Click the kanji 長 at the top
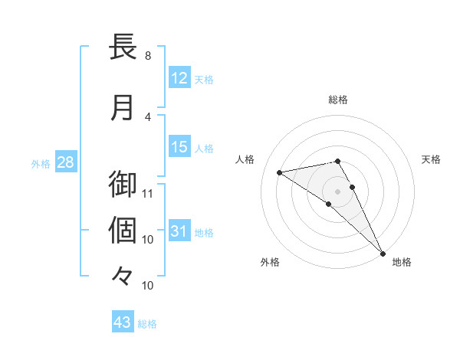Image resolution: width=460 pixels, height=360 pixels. (x=123, y=47)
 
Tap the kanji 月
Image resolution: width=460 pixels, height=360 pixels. (x=123, y=107)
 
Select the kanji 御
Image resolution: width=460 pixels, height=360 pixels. (x=123, y=185)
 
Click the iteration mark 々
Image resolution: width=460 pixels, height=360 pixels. (x=123, y=275)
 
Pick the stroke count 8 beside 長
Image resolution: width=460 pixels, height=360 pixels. (x=148, y=56)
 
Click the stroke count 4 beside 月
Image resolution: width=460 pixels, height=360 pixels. (x=148, y=116)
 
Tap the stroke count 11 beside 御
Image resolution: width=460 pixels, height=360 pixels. (x=148, y=193)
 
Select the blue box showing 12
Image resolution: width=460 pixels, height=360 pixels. (x=179, y=78)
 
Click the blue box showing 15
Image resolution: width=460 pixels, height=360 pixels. (x=179, y=147)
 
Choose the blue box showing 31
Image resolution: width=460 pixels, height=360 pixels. (x=179, y=231)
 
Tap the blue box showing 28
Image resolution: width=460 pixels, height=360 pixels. (x=65, y=162)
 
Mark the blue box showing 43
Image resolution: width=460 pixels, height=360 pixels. (x=123, y=322)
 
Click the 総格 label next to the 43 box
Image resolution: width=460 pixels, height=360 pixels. (x=147, y=324)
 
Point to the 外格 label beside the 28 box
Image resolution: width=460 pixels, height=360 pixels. (x=41, y=164)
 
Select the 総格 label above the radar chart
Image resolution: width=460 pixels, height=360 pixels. (x=337, y=100)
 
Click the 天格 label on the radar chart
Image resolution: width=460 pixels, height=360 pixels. (x=431, y=159)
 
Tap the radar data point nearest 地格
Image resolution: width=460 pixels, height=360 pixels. (x=383, y=252)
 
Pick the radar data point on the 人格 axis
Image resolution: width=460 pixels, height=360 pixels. (x=279, y=172)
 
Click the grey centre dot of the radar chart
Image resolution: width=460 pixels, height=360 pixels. (x=337, y=191)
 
